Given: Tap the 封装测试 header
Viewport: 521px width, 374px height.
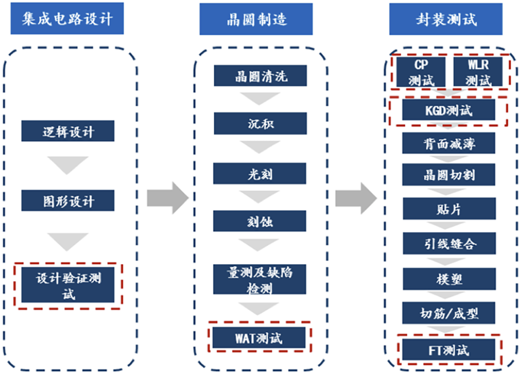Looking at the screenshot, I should tap(446, 19).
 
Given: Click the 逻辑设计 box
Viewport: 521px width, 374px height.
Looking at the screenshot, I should tap(68, 131).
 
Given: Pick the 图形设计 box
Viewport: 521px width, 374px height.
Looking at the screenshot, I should tap(68, 201).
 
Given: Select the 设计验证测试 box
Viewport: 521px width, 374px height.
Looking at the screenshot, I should tap(68, 286).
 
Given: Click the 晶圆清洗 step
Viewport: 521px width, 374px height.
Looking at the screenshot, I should tap(259, 77).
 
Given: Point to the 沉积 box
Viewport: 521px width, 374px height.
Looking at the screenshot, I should tap(259, 124).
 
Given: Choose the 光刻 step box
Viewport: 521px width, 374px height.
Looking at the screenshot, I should tap(259, 173).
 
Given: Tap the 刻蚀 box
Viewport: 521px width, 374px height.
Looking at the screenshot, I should tap(259, 221).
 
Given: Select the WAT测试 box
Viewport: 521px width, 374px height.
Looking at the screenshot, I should tap(259, 339).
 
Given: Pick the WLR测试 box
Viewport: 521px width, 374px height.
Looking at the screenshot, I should tap(478, 72).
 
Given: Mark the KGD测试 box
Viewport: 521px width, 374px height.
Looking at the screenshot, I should tap(449, 110).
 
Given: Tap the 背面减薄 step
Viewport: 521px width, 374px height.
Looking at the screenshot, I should tap(449, 143).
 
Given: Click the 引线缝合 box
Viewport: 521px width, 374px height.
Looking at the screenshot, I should tap(449, 243).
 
